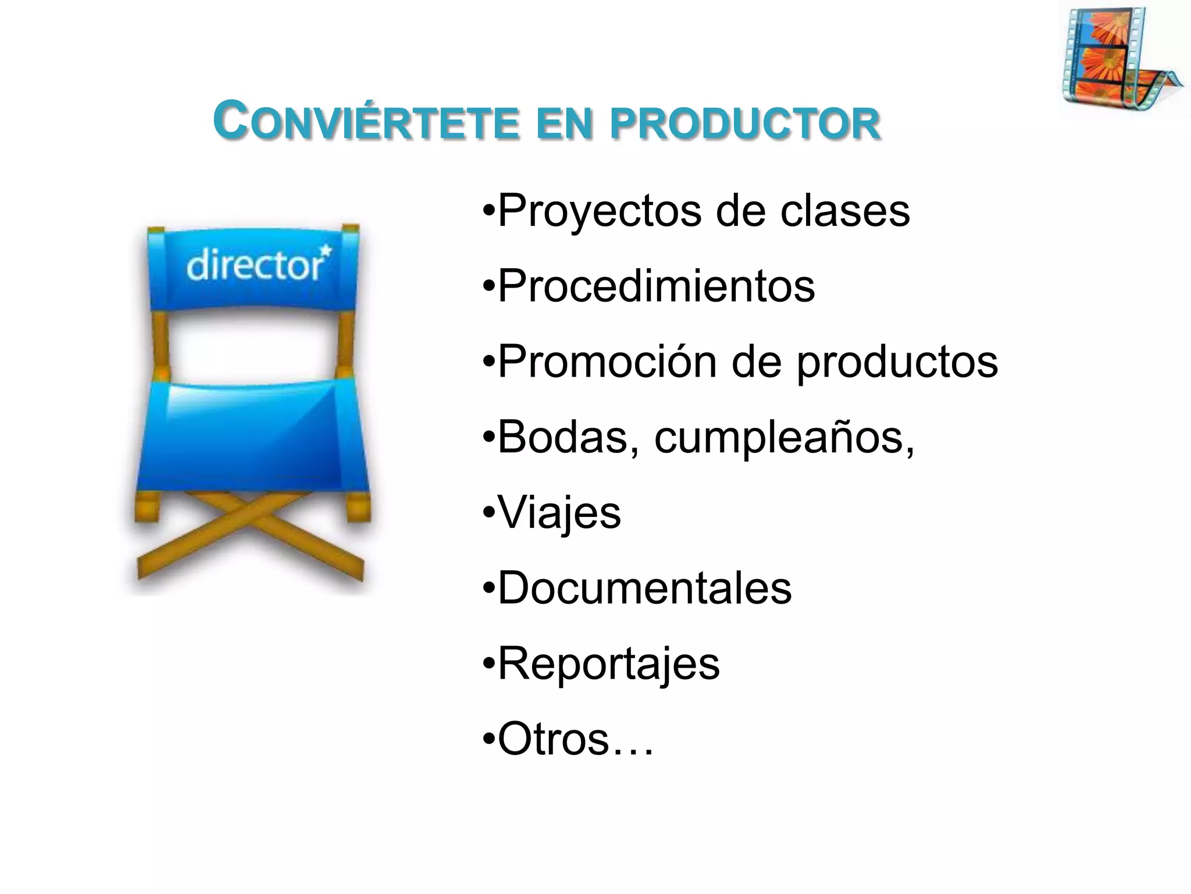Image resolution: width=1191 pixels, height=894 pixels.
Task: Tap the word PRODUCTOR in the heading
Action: tap(745, 123)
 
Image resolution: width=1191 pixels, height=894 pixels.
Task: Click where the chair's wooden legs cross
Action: tap(250, 512)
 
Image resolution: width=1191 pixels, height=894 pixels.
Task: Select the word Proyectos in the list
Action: tap(600, 211)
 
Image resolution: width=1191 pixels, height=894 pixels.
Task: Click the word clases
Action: tap(844, 211)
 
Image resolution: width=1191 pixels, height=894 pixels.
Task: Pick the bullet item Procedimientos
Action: tap(656, 286)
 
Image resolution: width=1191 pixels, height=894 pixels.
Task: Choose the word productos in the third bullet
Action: tap(897, 363)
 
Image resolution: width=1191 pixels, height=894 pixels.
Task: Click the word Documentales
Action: tap(644, 588)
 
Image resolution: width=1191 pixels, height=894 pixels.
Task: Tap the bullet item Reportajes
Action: tap(608, 664)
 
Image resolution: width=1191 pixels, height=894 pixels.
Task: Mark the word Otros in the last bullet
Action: tap(553, 739)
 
